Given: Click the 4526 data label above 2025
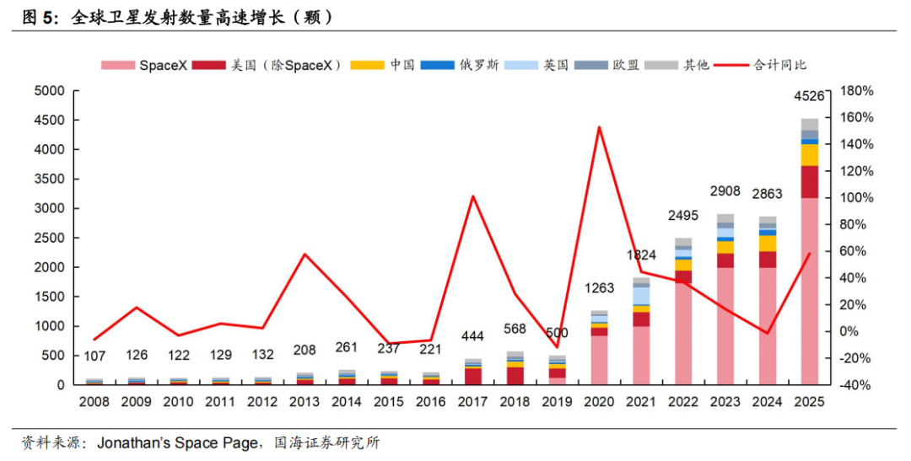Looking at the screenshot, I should click(811, 98).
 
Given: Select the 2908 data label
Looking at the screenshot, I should click(725, 191).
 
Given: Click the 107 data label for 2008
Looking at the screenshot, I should click(94, 356).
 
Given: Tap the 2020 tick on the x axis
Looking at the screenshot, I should click(600, 402).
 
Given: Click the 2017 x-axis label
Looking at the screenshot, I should click(473, 402).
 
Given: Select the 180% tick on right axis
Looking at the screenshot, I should click(855, 91).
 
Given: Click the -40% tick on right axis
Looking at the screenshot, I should click(855, 385).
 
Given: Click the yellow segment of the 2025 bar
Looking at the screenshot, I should click(810, 155).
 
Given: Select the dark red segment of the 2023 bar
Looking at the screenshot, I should click(725, 260).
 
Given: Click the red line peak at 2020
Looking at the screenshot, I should click(599, 127).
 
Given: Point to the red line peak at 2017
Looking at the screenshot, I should click(472, 196).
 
